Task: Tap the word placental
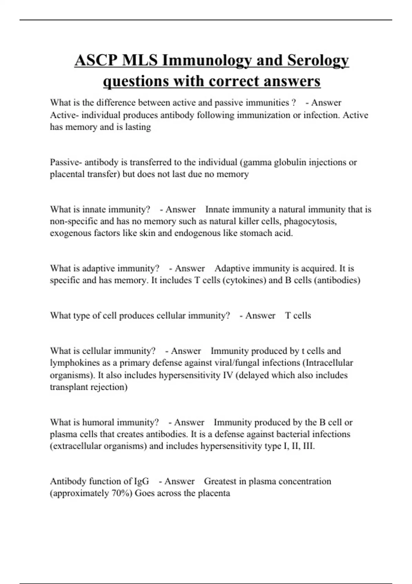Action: click(67, 174)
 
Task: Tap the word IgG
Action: click(141, 481)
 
